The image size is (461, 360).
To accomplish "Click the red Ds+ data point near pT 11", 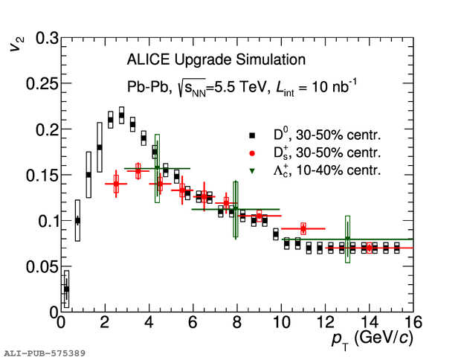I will pos(303,228).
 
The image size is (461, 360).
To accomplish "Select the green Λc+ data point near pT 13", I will pos(347,240).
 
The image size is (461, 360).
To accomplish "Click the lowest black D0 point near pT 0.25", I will pos(66,289).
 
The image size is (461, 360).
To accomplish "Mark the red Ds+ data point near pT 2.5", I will pos(116,184).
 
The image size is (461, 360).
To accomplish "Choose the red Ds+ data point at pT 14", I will pos(370,248).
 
